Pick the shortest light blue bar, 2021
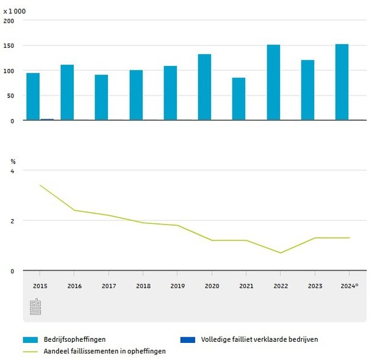coord(239,99)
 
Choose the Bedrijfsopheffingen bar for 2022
coord(273,82)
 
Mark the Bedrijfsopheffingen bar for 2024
coord(342,82)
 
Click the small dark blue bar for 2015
coord(47,120)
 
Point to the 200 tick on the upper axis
coord(9,20)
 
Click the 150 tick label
coord(9,46)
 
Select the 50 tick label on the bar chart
coord(10,96)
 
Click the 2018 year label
coord(143,286)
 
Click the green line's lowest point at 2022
coord(281,253)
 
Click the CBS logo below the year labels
coord(36,307)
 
